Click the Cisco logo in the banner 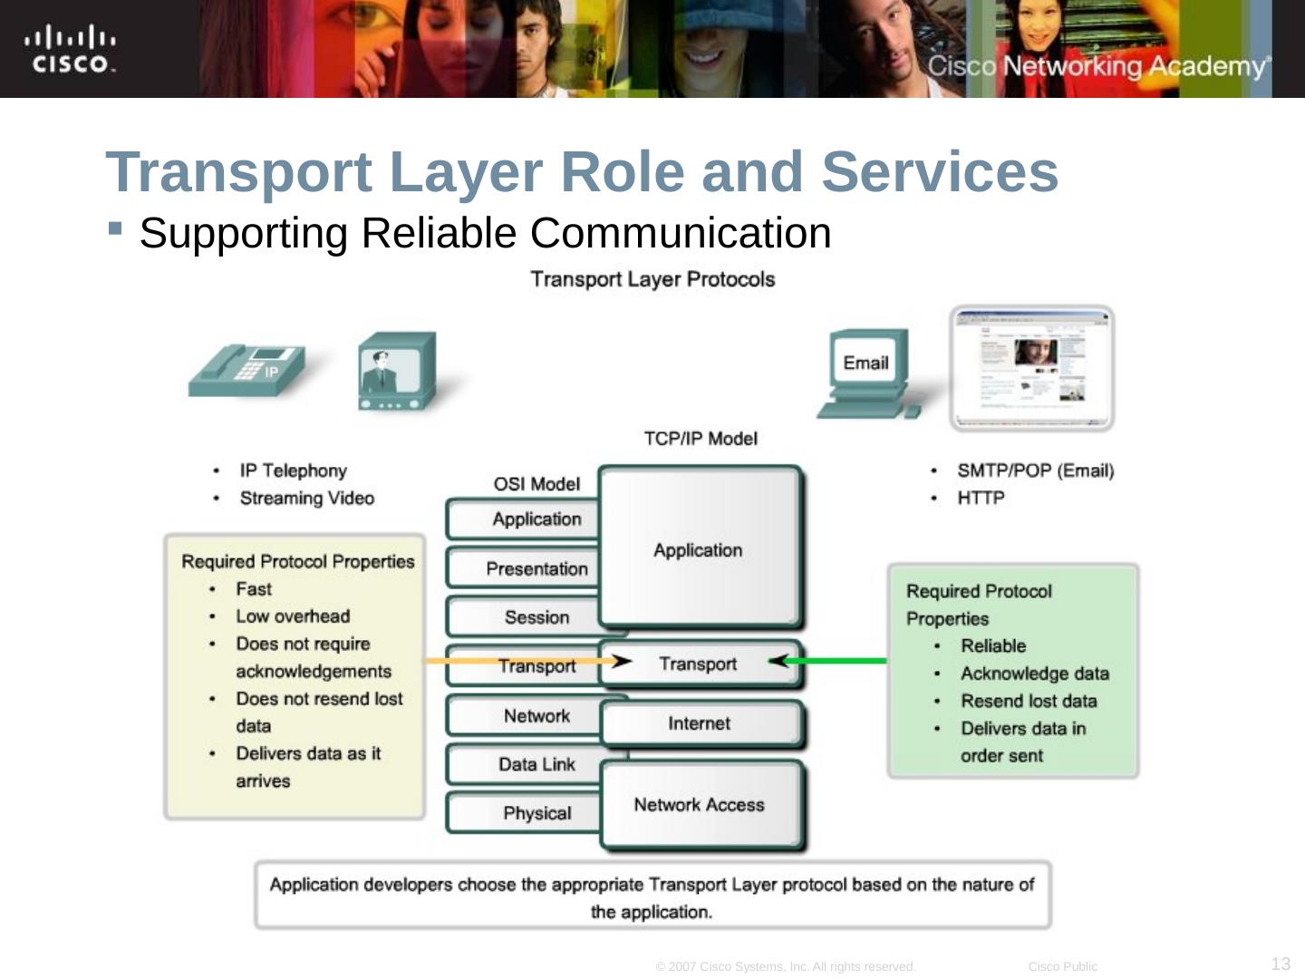point(70,50)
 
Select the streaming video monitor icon point(396,372)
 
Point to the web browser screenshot point(1032,367)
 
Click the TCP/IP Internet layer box point(700,723)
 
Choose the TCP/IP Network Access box point(700,805)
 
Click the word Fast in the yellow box point(254,589)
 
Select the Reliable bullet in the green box point(993,646)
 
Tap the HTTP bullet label point(981,498)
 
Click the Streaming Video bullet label point(306,498)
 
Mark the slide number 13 point(1281,964)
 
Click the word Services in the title point(940,171)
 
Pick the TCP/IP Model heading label point(701,439)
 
